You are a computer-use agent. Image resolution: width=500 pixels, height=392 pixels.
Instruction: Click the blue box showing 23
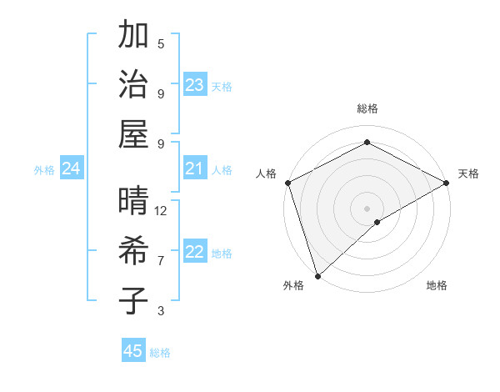[195, 85]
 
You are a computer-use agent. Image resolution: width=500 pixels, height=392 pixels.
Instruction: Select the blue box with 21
[195, 169]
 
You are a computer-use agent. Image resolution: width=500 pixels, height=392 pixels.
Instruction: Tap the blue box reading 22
[195, 253]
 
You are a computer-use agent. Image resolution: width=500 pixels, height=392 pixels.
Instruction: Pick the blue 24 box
[72, 169]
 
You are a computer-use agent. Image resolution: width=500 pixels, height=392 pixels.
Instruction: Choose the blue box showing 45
[133, 351]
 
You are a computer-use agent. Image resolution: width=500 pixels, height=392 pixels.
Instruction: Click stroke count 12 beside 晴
[161, 211]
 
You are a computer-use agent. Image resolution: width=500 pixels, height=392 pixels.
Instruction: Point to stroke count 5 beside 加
[161, 43]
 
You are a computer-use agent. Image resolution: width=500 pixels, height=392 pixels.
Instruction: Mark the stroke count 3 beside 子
[161, 311]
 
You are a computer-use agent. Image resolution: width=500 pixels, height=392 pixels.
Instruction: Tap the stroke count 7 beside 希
[161, 261]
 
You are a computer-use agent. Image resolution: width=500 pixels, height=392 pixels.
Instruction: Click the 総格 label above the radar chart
[367, 108]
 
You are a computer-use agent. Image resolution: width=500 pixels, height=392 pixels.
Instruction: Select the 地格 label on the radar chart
[437, 286]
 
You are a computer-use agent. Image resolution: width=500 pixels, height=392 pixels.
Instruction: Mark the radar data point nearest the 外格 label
[317, 275]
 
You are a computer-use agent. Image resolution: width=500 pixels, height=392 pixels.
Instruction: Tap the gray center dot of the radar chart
[367, 208]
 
